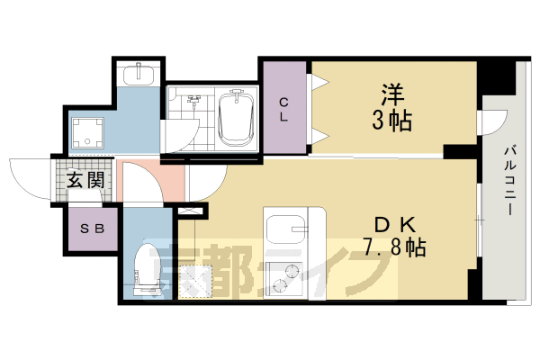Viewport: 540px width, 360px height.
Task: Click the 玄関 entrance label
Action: (x=84, y=180)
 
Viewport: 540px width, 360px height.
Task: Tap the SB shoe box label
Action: (x=92, y=228)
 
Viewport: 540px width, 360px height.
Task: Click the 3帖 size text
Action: (x=390, y=120)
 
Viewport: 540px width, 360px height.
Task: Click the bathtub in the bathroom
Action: (x=237, y=120)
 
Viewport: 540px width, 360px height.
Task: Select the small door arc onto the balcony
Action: (x=490, y=123)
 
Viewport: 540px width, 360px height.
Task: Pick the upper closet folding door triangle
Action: (x=316, y=85)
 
